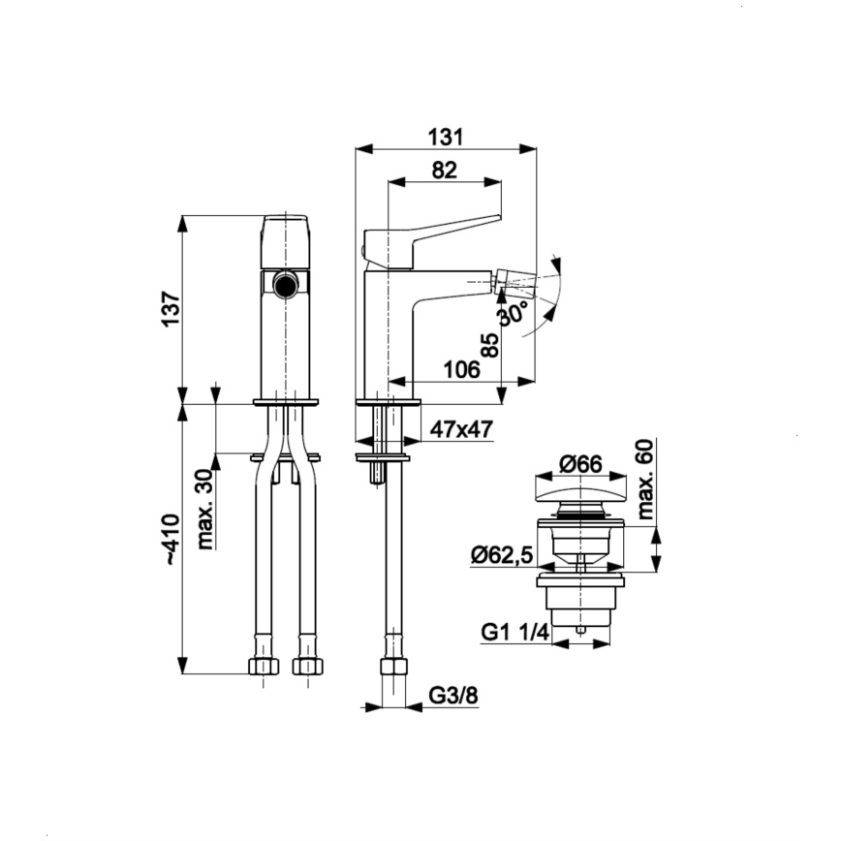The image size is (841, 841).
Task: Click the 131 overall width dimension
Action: (x=447, y=138)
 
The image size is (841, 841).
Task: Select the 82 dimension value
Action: (x=444, y=171)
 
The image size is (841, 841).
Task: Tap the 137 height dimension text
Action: (x=171, y=309)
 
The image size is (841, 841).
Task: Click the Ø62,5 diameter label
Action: (x=502, y=555)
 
